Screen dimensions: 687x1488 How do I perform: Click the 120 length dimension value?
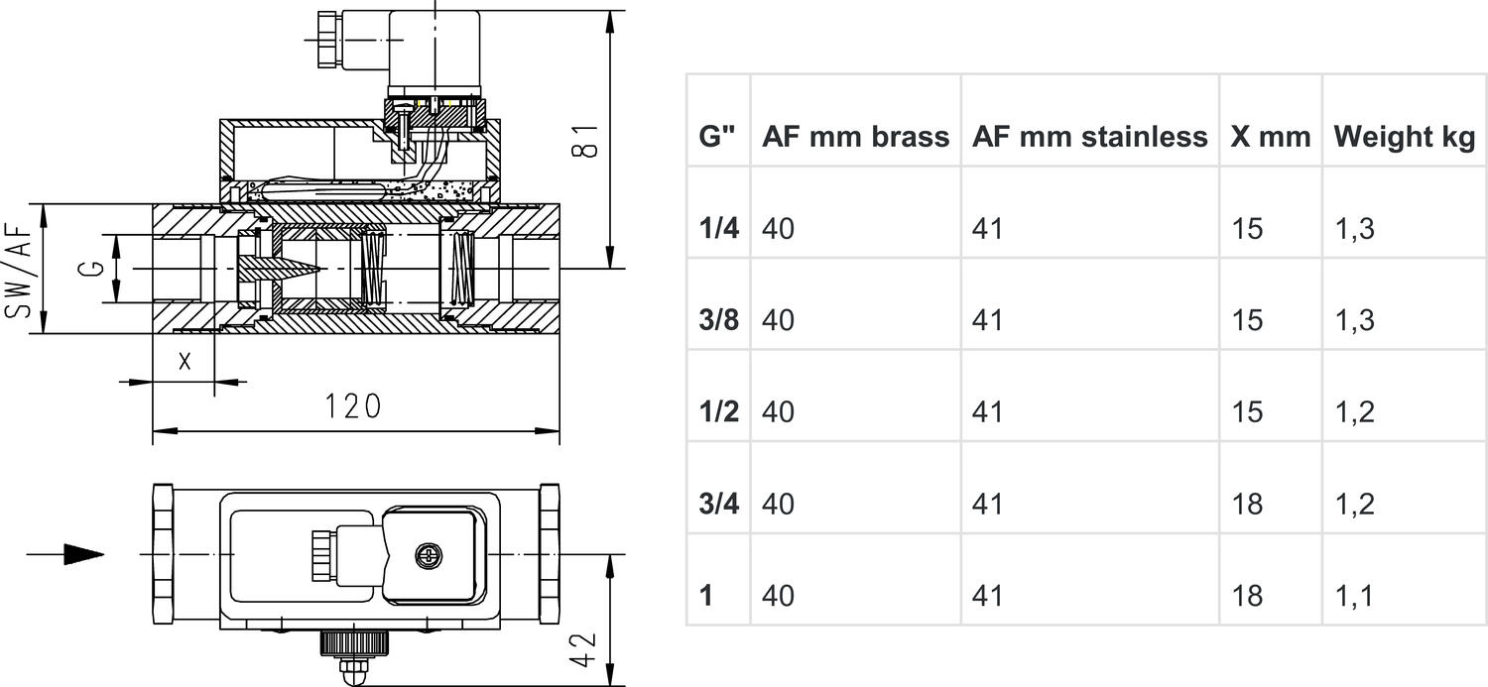click(353, 406)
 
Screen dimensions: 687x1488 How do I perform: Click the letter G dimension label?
click(89, 269)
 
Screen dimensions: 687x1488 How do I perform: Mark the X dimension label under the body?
click(185, 362)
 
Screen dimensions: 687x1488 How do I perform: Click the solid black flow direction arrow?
click(83, 554)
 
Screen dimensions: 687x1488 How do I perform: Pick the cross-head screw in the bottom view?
click(428, 556)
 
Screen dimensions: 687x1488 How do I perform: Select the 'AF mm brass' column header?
click(855, 137)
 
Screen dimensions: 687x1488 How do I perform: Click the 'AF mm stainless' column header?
click(1089, 137)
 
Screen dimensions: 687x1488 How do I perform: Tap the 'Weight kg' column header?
click(1404, 137)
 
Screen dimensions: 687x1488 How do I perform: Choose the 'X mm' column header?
click(1270, 137)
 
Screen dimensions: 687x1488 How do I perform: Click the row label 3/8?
click(718, 320)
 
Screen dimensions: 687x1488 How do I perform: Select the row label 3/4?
click(718, 504)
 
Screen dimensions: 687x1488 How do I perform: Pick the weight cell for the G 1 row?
click(1354, 595)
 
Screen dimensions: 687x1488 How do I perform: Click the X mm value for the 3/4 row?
click(1247, 504)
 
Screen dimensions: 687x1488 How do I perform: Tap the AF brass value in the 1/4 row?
click(779, 229)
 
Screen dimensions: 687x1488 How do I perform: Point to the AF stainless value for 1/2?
click(987, 411)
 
